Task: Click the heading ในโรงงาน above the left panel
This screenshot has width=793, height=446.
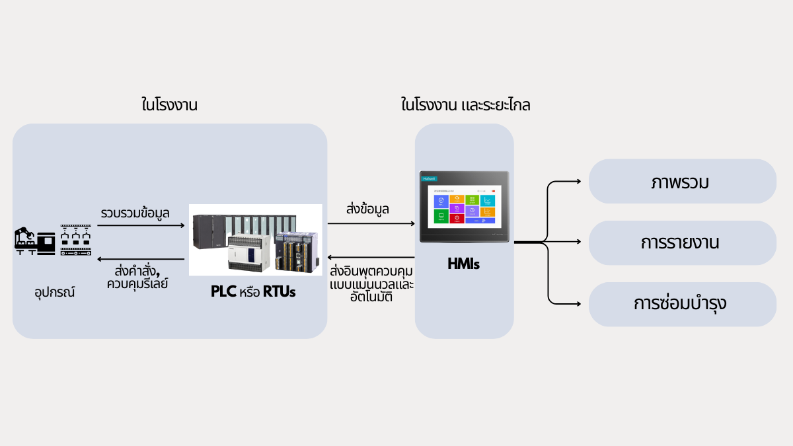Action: point(170,105)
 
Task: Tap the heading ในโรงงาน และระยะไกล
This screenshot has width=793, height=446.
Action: point(466,105)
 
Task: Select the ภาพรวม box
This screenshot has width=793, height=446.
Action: point(682,182)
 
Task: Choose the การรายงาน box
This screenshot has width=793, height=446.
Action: point(682,243)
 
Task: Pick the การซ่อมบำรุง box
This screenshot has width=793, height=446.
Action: point(682,304)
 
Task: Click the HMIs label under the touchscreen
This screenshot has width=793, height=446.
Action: point(463,265)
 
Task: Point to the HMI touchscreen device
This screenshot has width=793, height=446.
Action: point(465,207)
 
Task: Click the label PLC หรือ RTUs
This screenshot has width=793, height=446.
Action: point(253,291)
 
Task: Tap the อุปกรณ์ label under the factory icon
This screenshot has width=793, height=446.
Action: point(55,291)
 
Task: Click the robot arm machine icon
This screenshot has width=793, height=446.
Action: point(35,241)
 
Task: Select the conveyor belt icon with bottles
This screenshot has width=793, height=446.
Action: point(75,240)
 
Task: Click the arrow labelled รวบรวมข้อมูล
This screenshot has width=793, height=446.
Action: point(141,225)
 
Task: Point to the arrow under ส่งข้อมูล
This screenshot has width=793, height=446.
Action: point(370,224)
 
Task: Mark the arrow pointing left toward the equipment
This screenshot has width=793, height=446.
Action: point(141,257)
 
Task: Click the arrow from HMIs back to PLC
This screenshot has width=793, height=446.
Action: point(370,257)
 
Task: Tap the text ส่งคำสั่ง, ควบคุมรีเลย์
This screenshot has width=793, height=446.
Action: point(141,276)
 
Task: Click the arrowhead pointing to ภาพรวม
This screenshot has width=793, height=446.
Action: point(577,182)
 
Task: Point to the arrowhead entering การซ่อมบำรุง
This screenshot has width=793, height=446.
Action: point(577,304)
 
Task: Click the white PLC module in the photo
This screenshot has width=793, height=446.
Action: point(250,254)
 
